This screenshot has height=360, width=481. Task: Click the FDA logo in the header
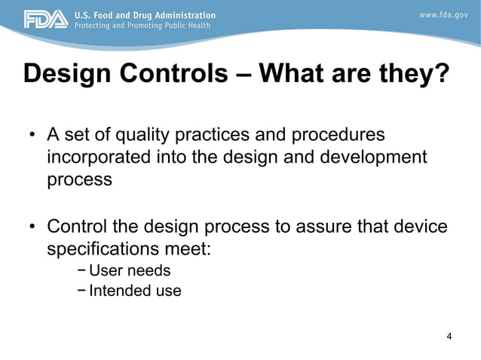click(x=45, y=20)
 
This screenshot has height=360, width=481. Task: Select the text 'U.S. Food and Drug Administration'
click(x=144, y=15)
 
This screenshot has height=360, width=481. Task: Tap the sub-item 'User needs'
click(x=130, y=270)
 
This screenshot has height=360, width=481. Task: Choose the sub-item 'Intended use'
click(x=135, y=291)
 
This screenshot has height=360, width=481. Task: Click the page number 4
click(x=449, y=336)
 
